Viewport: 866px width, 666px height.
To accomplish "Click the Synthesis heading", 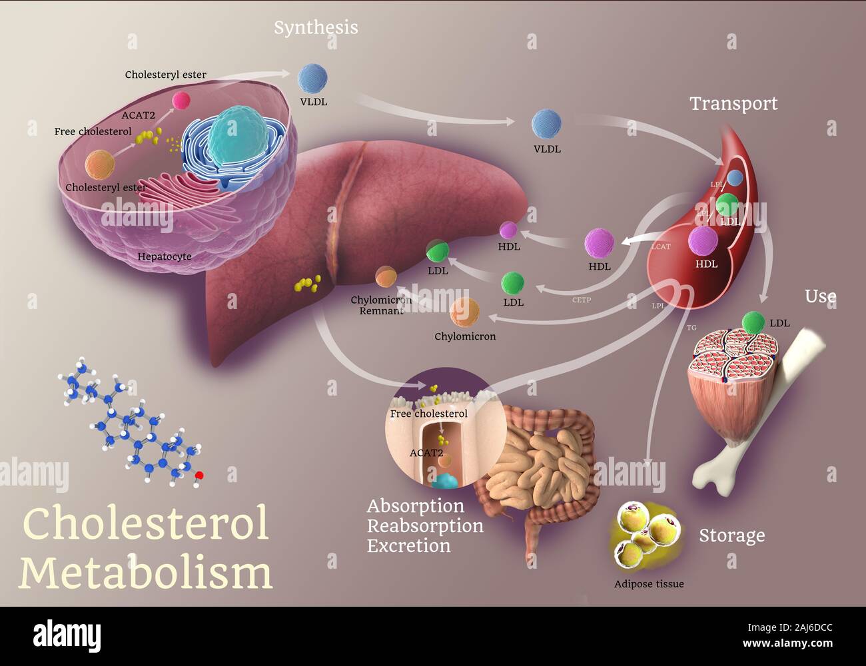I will point(316,28).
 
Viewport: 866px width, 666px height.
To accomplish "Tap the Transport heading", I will point(733,104).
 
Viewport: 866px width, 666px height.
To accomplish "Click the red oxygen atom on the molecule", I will point(199,476).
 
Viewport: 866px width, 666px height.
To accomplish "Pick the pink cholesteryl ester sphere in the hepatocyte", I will point(181,101).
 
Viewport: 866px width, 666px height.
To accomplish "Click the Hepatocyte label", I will point(165,256).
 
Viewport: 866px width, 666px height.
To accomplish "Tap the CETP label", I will point(581,300).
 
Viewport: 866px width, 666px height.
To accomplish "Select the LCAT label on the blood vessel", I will point(660,246).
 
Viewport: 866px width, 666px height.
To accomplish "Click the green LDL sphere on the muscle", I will point(753,323).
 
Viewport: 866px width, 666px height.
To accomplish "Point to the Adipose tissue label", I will point(648,584).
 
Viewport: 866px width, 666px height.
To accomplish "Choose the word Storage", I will point(731,535).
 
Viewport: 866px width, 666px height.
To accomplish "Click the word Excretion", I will point(408,546).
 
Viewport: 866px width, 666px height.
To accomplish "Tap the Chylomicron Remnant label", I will point(381,305).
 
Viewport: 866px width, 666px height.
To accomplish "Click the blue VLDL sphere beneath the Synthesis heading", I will point(312,79).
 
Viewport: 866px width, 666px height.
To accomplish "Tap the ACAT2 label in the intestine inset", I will point(426,453).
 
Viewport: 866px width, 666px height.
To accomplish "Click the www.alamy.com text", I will point(787,643).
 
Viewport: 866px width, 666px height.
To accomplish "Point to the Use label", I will point(820,296).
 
